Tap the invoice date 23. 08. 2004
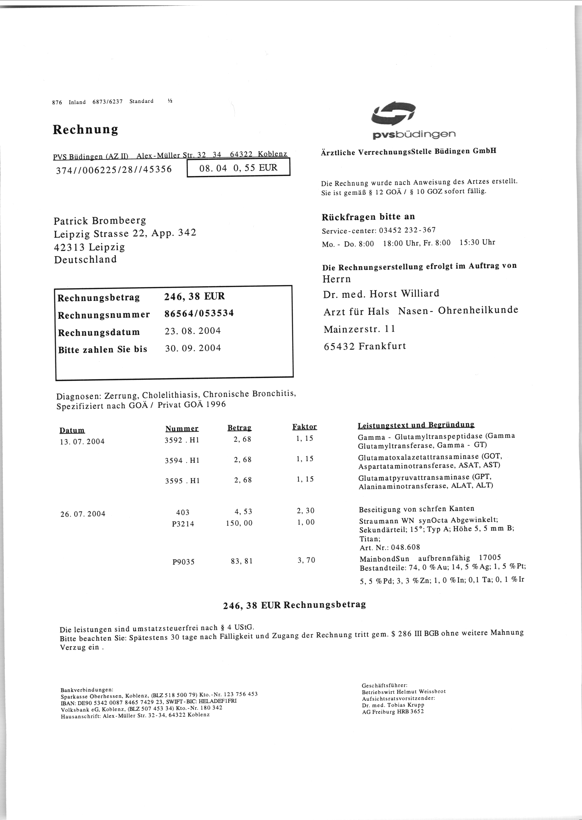click(193, 331)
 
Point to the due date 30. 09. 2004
click(193, 348)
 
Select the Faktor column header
click(305, 427)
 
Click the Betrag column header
click(239, 428)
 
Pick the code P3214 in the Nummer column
click(183, 524)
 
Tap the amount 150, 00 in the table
click(239, 523)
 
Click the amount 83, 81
click(242, 561)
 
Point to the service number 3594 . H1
click(182, 461)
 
